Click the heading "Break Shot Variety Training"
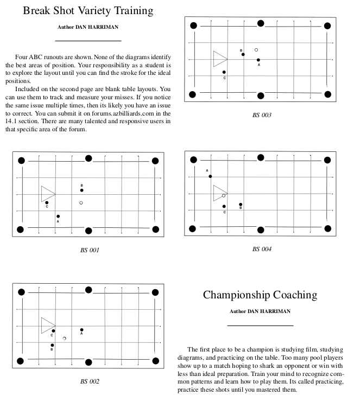point(87,11)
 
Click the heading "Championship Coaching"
point(260,295)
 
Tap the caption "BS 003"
point(262,115)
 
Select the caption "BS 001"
point(89,250)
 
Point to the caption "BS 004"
point(262,249)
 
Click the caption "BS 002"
point(90,381)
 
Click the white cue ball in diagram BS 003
point(256,50)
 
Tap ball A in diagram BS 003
point(258,60)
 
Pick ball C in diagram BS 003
point(224,72)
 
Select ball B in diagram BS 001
point(81,190)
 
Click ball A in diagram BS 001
point(58,216)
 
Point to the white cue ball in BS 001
point(81,203)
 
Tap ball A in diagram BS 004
point(210,176)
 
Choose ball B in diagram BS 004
point(241,205)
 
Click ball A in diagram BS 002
point(81,329)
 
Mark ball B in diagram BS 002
point(52,345)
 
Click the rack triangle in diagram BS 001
point(47,194)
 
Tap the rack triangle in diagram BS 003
point(219,59)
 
